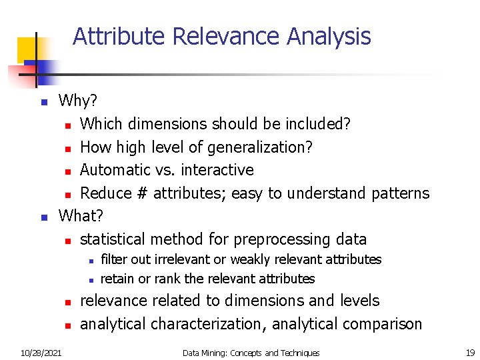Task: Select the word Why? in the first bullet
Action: (x=78, y=101)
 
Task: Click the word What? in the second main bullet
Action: (x=81, y=216)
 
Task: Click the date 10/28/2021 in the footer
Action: (x=41, y=353)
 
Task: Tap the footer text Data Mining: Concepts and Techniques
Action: (x=251, y=353)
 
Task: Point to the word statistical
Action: (x=113, y=239)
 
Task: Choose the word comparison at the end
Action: (x=381, y=324)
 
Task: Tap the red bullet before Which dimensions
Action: (x=67, y=125)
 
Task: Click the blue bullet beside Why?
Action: (x=43, y=103)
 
